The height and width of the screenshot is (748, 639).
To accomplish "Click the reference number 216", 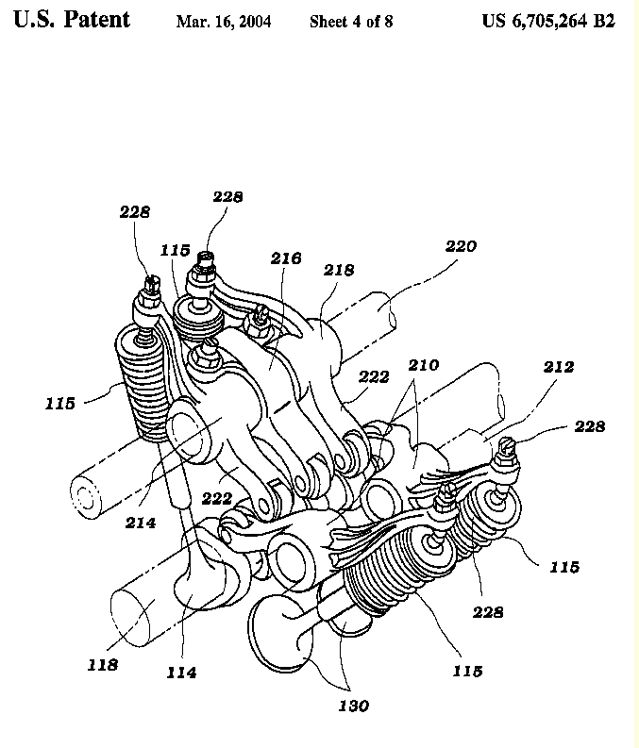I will (286, 258).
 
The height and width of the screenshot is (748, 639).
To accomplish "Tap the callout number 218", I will (339, 271).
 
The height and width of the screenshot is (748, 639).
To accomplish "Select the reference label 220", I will (462, 246).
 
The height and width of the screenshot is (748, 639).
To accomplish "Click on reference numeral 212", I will (558, 367).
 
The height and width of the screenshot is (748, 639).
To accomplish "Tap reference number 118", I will (102, 664).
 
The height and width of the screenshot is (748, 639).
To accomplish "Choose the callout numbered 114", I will (181, 673).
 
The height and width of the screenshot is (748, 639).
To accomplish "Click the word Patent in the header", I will (97, 20).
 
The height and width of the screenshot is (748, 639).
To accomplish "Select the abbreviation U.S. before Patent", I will (35, 20).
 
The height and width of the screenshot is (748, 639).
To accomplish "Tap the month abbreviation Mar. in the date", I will (192, 21).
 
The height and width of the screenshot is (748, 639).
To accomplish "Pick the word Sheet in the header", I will (329, 21).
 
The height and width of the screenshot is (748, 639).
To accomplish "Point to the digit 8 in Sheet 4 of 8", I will (387, 21).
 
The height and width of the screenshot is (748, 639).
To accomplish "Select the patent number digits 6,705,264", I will (551, 21).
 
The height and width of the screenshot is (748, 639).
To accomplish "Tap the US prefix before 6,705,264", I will (495, 21).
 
